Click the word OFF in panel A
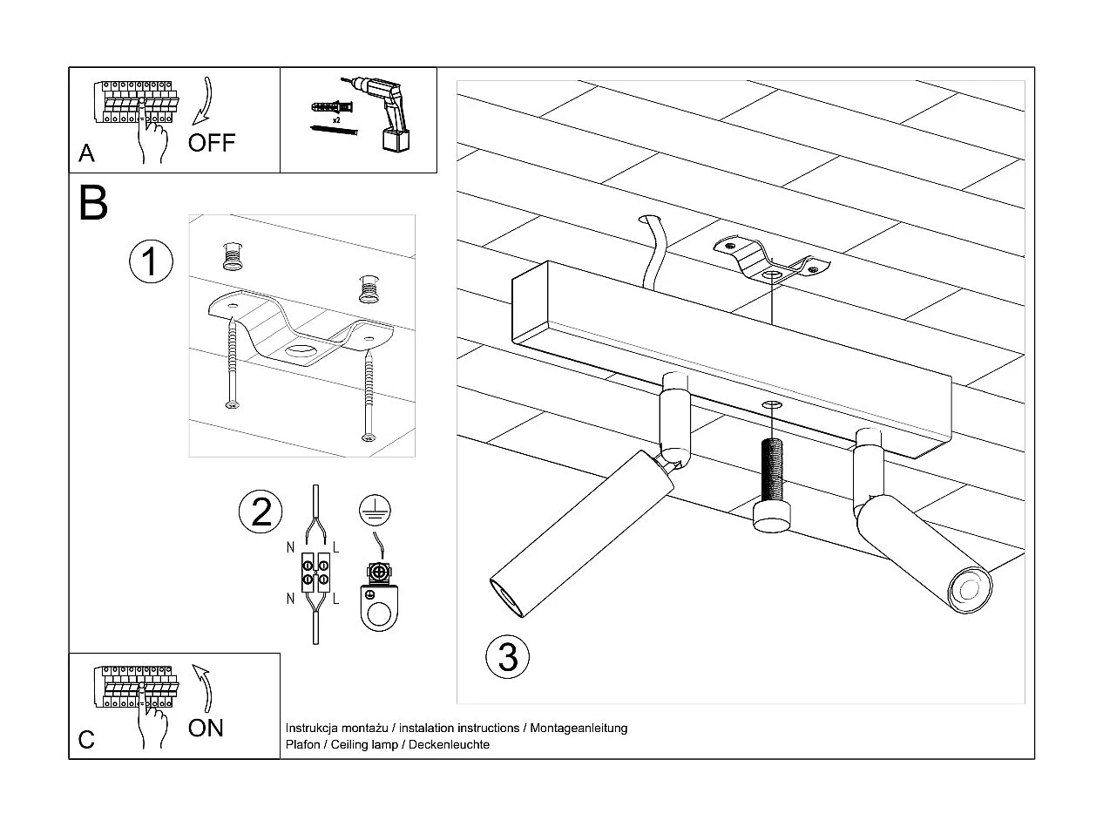(212, 143)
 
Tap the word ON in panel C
(206, 729)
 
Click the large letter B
(93, 202)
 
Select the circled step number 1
(151, 261)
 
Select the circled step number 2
(261, 512)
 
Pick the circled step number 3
(508, 657)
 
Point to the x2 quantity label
(336, 120)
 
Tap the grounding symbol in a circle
(375, 510)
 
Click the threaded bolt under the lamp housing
(771, 485)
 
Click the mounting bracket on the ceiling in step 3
(771, 261)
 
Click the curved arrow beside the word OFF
(203, 100)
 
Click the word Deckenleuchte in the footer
(449, 744)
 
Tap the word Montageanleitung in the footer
(579, 728)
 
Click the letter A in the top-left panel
(86, 153)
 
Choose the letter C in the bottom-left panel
(86, 740)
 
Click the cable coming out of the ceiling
(656, 252)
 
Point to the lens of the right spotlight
(970, 591)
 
